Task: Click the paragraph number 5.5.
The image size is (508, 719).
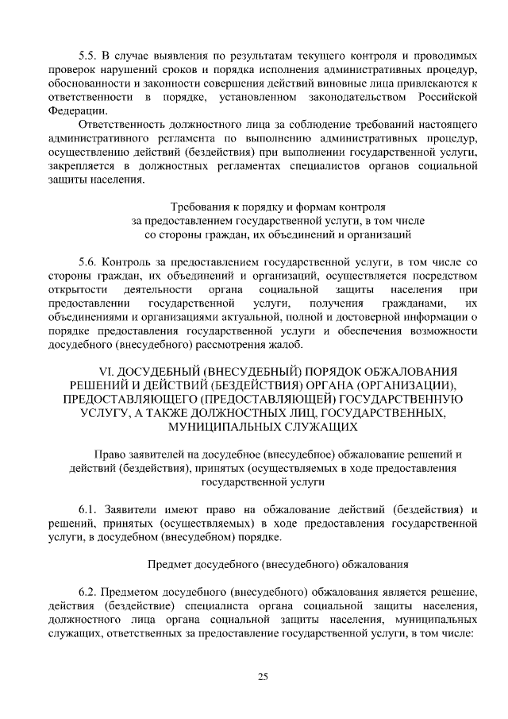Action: (x=87, y=56)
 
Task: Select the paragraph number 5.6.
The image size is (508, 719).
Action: (x=87, y=261)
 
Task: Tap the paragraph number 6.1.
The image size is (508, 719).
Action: (x=87, y=509)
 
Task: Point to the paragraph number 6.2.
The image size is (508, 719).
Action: (x=87, y=592)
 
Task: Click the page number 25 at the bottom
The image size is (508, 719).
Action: (x=263, y=677)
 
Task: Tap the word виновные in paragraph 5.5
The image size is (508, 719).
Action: (x=352, y=83)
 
